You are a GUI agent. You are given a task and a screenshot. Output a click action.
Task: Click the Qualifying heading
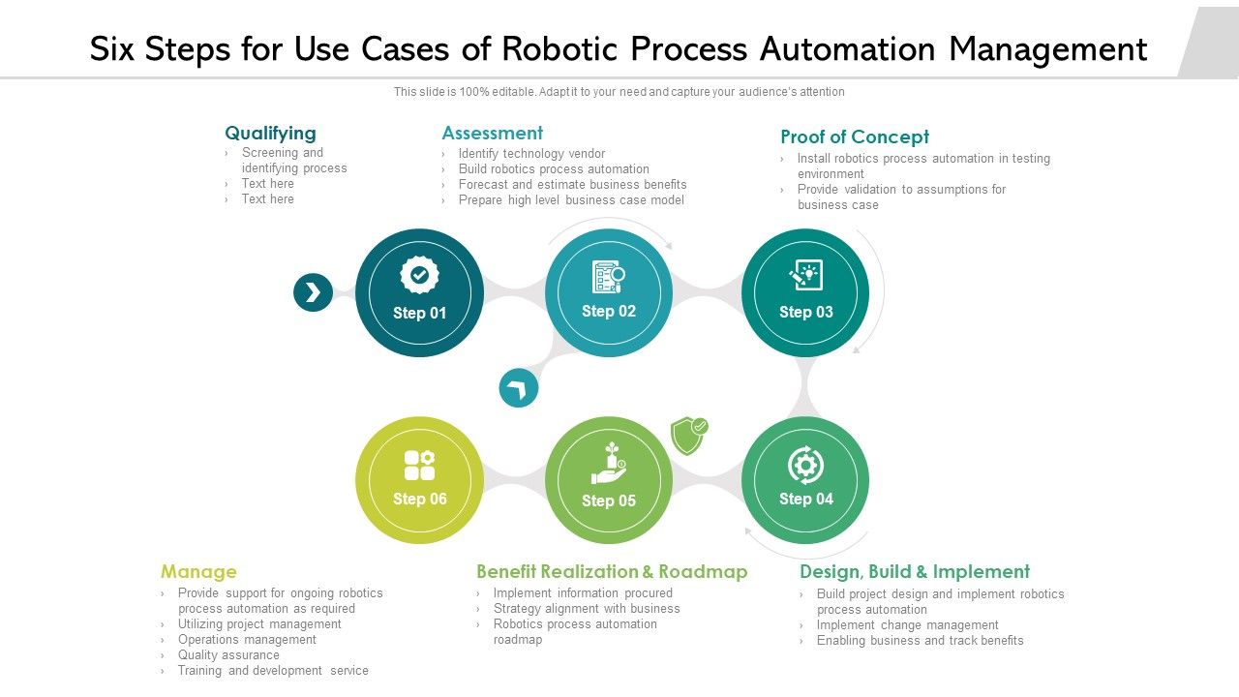[x=270, y=133]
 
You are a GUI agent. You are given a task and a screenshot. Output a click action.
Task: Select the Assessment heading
[x=492, y=133]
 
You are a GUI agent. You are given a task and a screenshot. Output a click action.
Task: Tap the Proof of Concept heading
[x=854, y=136]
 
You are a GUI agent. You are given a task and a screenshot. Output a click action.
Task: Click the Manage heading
[x=198, y=571]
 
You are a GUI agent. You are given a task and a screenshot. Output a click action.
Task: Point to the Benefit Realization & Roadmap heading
[x=612, y=571]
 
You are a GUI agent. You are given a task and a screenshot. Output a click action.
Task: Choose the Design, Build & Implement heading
[x=914, y=571]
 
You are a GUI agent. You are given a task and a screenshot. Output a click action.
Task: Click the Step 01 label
[x=419, y=313]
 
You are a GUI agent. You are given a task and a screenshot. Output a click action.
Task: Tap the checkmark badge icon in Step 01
[x=419, y=276]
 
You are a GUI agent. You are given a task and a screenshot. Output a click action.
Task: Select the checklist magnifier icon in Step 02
[x=608, y=277]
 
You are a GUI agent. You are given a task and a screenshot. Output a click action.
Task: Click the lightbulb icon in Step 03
[x=805, y=275]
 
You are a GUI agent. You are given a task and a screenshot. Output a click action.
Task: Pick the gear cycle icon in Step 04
[x=805, y=465]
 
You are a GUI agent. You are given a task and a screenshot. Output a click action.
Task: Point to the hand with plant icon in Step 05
[x=609, y=464]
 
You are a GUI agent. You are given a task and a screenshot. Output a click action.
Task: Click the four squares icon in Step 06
[x=419, y=465]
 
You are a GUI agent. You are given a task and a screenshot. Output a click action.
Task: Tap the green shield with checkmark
[x=688, y=436]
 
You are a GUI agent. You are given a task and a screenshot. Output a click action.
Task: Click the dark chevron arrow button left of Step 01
[x=313, y=292]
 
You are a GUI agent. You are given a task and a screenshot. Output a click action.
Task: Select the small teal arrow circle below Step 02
[x=519, y=389]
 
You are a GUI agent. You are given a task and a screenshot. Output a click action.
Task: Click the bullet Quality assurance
[x=228, y=655]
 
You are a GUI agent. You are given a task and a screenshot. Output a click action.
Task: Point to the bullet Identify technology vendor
[x=531, y=154]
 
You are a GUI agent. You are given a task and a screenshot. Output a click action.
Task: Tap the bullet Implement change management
[x=907, y=625]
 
